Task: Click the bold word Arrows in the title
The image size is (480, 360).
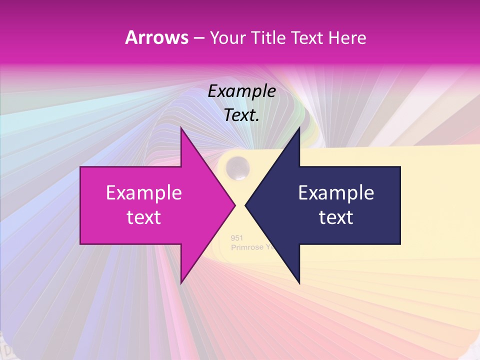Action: (156, 37)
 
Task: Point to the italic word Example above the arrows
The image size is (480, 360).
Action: (241, 91)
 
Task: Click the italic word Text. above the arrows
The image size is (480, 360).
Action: (241, 115)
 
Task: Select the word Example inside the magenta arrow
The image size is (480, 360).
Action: (144, 193)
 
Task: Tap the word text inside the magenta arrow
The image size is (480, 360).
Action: (144, 217)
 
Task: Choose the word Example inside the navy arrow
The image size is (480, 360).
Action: (336, 193)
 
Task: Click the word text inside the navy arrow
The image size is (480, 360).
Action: (336, 217)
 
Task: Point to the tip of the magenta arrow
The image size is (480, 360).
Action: (235, 205)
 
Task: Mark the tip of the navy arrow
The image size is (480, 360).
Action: (245, 205)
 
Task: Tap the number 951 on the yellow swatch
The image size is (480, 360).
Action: (236, 238)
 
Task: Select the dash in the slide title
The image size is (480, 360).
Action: (198, 38)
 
